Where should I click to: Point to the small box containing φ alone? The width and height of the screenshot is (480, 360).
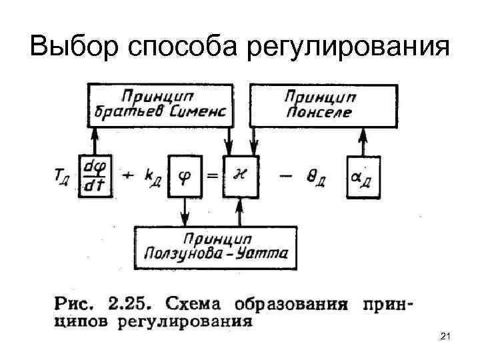(x=185, y=176)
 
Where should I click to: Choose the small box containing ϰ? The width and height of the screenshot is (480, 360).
(x=240, y=176)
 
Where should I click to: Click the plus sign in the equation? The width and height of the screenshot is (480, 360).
(x=127, y=176)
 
